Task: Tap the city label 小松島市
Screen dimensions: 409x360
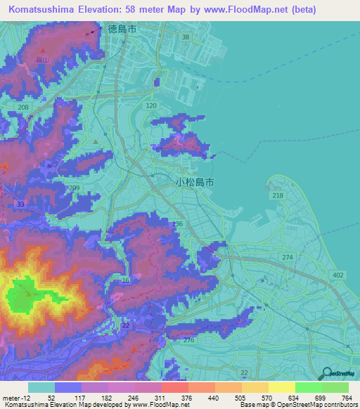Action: [x=195, y=181]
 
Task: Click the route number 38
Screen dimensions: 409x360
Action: [x=186, y=37]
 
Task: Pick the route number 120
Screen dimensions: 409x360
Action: [x=150, y=105]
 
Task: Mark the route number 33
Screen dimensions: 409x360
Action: [x=20, y=204]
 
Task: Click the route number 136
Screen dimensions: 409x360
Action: [x=177, y=223]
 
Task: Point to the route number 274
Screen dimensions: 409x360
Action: [x=287, y=258]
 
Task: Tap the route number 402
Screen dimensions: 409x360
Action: [x=339, y=275]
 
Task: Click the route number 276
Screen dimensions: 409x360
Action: [x=188, y=340]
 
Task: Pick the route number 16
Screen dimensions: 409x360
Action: [x=126, y=280]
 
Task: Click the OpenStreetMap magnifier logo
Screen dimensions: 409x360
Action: [x=326, y=374]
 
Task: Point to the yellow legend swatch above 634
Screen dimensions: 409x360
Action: [x=281, y=387]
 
